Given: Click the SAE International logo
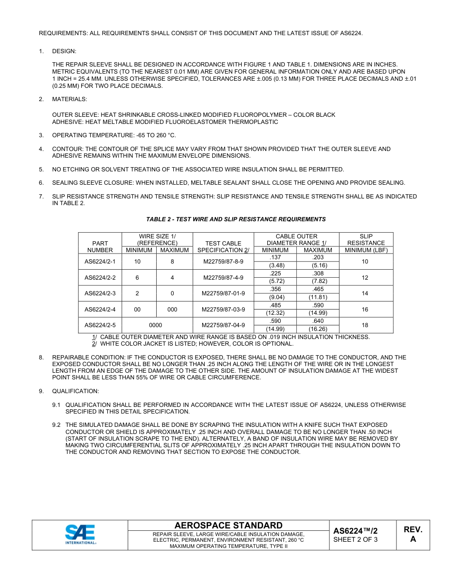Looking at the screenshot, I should (80, 535).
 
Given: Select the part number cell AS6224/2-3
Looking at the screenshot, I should (100, 293).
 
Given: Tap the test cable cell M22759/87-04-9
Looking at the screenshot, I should (223, 325).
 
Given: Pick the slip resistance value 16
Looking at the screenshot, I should (365, 310).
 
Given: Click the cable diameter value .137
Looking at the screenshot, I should (275, 257).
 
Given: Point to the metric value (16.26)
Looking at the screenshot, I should (318, 329).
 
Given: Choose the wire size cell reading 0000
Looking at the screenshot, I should (155, 325).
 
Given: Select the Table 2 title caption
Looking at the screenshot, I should (236, 219).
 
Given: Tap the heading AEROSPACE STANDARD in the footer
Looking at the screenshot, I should (228, 525).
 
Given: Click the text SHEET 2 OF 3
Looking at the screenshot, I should (355, 539).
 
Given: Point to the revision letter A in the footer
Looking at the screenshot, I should (413, 539).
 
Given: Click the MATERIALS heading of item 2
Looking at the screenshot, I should (69, 99).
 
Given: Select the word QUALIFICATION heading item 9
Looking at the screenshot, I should (75, 391).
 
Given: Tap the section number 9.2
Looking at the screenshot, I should (56, 425).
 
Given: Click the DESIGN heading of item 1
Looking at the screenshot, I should (64, 51).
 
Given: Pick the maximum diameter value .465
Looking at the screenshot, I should (318, 289).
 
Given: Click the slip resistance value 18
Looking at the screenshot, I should (365, 325).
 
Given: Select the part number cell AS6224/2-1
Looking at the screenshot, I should (100, 262).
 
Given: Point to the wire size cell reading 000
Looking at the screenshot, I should (172, 310).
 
